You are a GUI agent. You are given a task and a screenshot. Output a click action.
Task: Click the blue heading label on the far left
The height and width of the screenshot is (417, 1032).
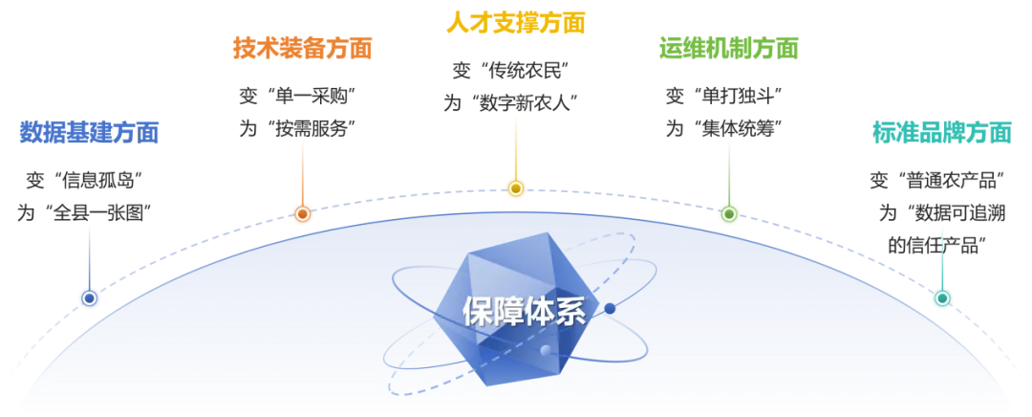[88, 133]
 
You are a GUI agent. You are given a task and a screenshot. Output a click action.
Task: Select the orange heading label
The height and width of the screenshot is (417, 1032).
[302, 47]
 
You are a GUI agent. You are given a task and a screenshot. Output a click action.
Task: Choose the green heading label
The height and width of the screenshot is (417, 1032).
[729, 46]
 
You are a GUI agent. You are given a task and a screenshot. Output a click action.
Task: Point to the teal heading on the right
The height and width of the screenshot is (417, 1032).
[941, 132]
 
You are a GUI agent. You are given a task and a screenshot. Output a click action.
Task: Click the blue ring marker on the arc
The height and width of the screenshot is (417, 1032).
[89, 298]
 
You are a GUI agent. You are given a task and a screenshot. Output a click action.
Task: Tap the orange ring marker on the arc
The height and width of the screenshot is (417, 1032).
[302, 214]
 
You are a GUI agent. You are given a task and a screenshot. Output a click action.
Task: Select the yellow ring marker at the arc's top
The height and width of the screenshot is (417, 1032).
[516, 188]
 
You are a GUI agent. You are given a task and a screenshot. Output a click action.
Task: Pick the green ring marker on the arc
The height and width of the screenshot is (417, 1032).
[729, 214]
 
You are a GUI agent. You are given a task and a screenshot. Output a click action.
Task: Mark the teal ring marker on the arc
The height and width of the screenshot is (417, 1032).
[942, 298]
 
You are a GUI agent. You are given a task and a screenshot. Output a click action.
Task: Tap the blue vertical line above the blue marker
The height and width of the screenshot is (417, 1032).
[89, 253]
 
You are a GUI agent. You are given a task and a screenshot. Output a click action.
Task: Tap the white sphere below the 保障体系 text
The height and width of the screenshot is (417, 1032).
[546, 351]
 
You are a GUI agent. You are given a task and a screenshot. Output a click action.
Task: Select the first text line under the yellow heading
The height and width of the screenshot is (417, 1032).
[511, 71]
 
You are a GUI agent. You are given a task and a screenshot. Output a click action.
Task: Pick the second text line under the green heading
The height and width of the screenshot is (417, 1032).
[726, 123]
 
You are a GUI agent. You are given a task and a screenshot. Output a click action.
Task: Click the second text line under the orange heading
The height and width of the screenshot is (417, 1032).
[298, 123]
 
